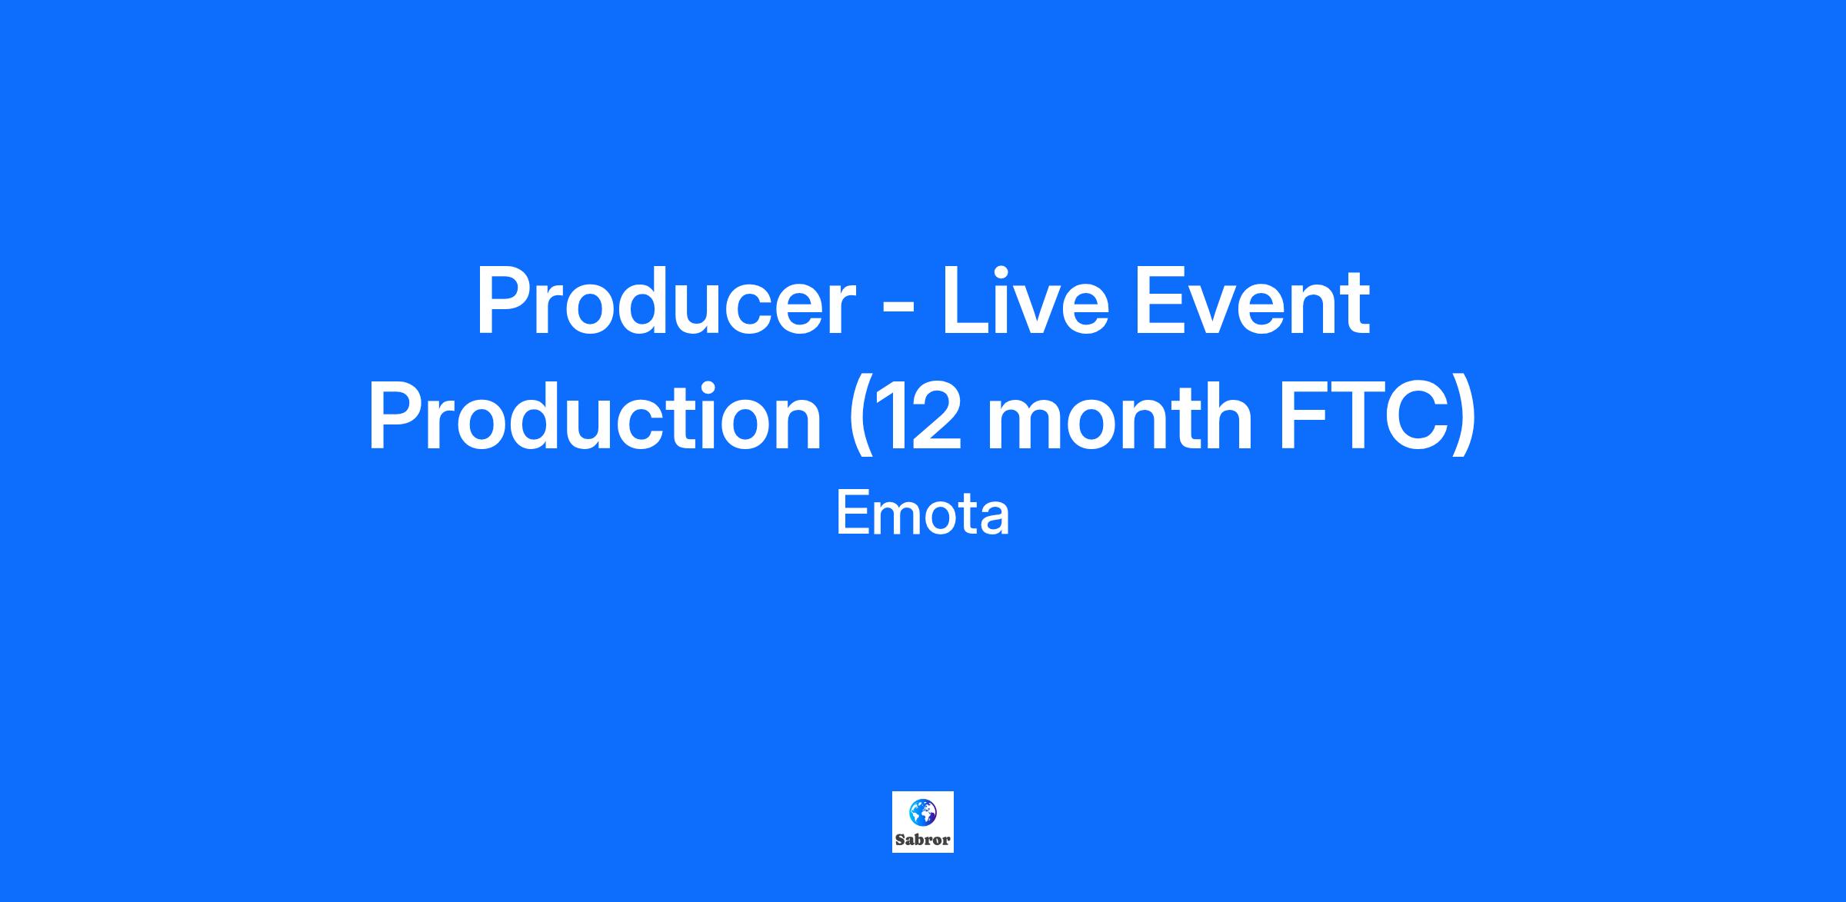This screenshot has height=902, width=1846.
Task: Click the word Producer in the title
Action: click(x=666, y=301)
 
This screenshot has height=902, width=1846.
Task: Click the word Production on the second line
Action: click(x=595, y=417)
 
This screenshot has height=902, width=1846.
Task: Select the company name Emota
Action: click(x=922, y=514)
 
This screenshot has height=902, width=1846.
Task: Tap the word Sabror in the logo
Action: click(x=923, y=840)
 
